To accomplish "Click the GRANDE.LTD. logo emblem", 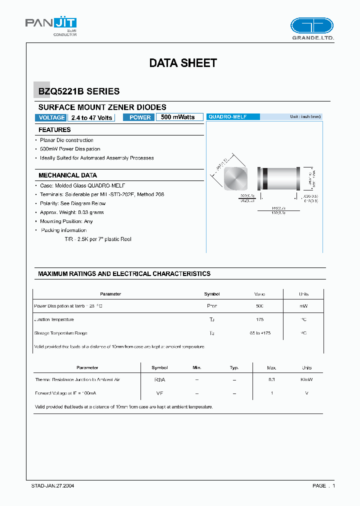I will click(311, 25).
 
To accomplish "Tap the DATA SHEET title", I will click(183, 63).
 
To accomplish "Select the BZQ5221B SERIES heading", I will click(79, 91).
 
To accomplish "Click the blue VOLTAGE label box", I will click(51, 117).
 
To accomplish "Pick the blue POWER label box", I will click(140, 117).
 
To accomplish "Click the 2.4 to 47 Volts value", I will click(91, 117).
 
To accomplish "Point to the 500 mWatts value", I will click(178, 117).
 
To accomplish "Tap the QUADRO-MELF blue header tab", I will click(233, 116).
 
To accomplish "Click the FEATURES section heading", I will click(54, 130).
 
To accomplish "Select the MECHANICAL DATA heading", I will click(67, 175).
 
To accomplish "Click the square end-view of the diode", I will click(235, 178).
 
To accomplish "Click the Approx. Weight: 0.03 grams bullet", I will click(72, 212).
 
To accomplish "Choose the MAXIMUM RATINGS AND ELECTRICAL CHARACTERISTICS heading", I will click(124, 274).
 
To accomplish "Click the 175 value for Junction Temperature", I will click(259, 319).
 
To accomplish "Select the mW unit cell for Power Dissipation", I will click(303, 305).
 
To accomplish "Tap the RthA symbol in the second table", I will click(159, 380).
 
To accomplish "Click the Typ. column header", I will click(234, 367).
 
